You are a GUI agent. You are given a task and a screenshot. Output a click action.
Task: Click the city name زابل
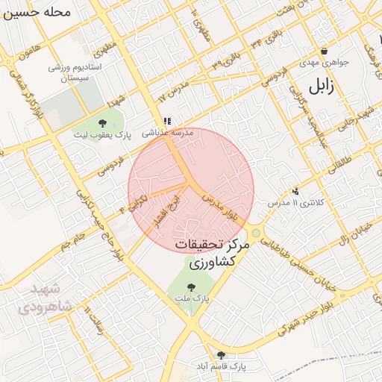(326, 87)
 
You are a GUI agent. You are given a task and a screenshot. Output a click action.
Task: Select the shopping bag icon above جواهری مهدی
(324, 51)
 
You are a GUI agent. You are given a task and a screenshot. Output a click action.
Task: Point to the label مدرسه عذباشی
(168, 132)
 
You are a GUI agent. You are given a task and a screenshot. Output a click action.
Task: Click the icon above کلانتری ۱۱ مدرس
(296, 191)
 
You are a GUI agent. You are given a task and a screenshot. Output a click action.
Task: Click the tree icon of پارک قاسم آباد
(220, 355)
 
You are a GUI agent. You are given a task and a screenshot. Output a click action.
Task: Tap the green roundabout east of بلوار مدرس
(256, 234)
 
